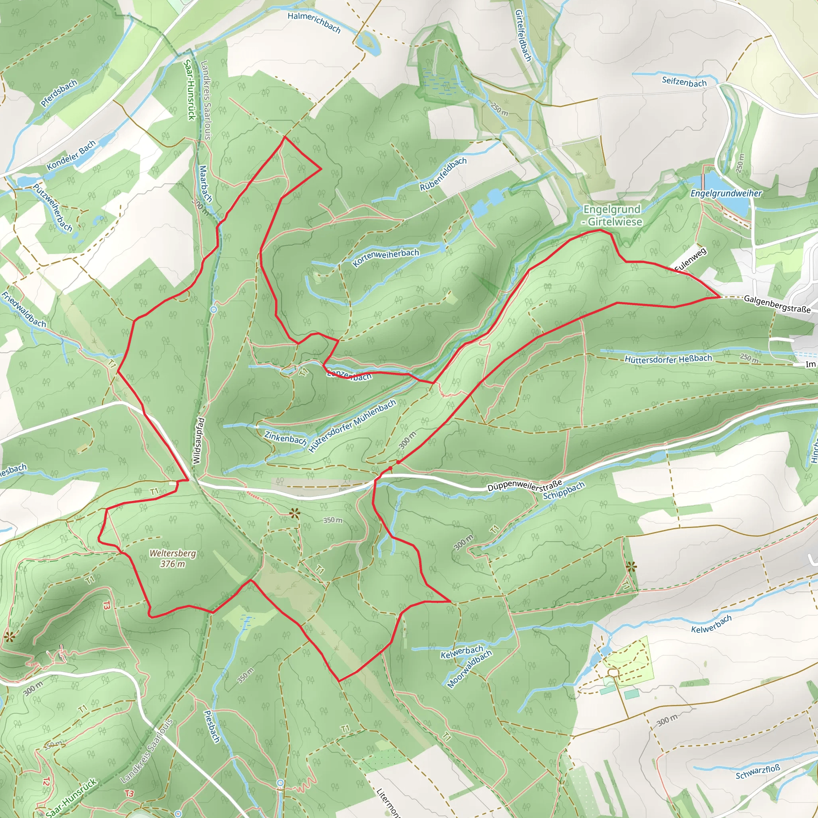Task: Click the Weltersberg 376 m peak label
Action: (173, 558)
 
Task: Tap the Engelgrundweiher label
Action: (726, 193)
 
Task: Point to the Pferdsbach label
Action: (59, 93)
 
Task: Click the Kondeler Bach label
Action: (71, 155)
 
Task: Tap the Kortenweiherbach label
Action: (386, 258)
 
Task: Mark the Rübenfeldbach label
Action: (443, 174)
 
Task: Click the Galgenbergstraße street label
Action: (777, 304)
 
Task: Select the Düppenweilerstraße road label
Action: (525, 485)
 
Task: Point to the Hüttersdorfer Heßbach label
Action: (668, 359)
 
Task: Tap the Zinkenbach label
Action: (285, 437)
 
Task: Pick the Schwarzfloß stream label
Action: (757, 771)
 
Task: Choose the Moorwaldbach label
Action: (470, 669)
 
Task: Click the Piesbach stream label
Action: (212, 727)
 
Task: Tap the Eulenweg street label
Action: (691, 259)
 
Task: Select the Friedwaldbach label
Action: (24, 310)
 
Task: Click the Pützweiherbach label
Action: (52, 207)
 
